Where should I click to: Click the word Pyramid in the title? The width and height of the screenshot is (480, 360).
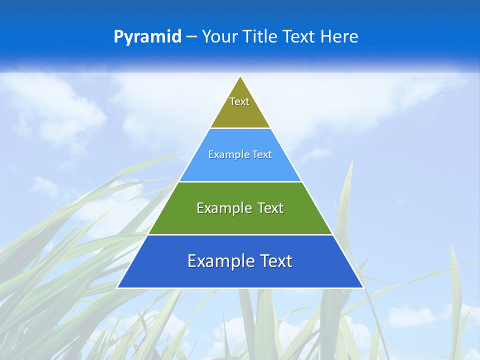[x=147, y=37]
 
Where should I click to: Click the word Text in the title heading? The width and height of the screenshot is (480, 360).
[x=300, y=37]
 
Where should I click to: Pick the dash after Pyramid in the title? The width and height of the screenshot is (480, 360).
[x=191, y=37]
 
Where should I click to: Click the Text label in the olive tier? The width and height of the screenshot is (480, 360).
[x=239, y=101]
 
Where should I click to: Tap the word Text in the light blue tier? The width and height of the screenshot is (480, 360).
[x=262, y=154]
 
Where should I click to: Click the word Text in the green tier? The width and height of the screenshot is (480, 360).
[x=270, y=208]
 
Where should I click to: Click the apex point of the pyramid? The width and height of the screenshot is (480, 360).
[x=240, y=76]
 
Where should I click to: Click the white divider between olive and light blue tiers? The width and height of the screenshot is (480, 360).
[x=240, y=128]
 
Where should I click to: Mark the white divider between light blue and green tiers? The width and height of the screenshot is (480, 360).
[x=240, y=181]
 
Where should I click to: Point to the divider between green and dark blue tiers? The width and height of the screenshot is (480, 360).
[x=240, y=234]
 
